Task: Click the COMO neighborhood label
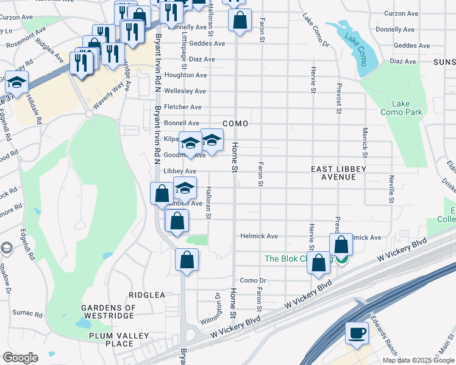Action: coord(235,123)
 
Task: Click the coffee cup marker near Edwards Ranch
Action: coord(357,333)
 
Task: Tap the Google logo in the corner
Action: coord(20,358)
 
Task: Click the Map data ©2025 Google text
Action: coord(418,360)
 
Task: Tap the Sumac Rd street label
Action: coord(30,315)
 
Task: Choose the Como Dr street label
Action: coord(254,280)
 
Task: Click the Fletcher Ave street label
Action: coord(187,107)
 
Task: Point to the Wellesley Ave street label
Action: coord(185,91)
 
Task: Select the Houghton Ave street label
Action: coord(186,75)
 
